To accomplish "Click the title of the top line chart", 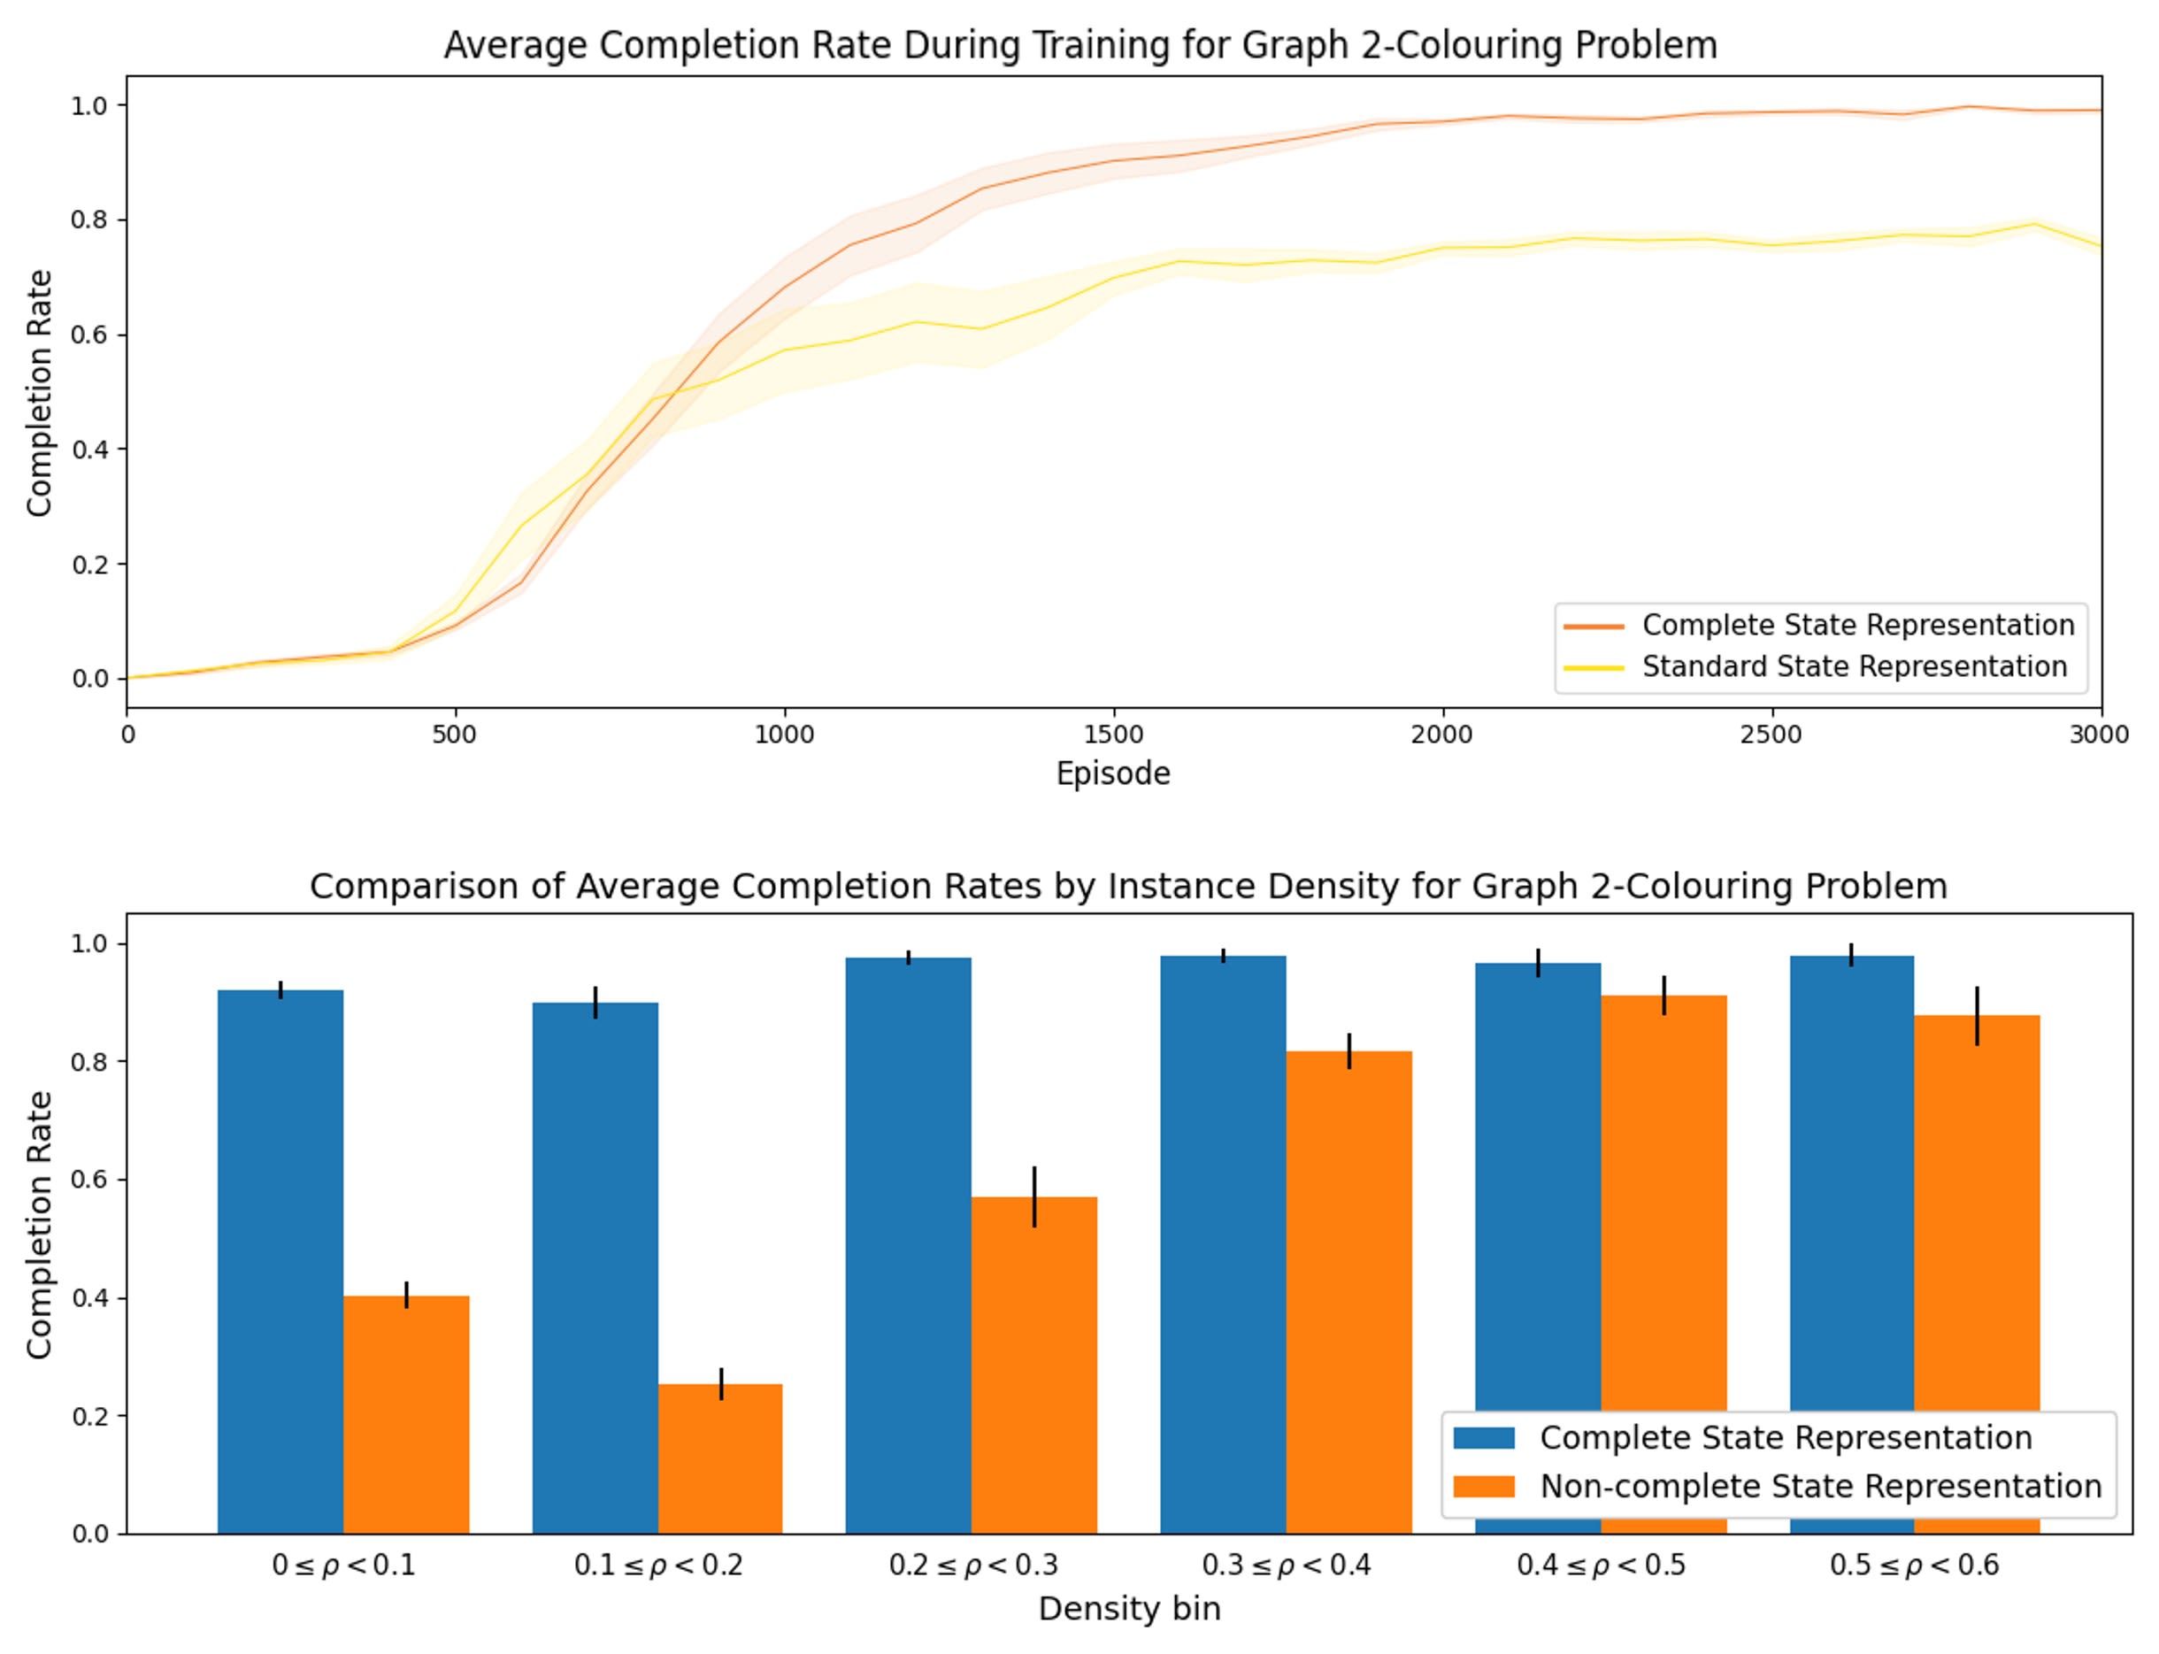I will point(1080,46).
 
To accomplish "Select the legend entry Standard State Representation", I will point(1853,666).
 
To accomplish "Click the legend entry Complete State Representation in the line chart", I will point(1856,625).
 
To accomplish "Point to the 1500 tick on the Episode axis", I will point(1113,734).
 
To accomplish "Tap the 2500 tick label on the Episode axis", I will point(1771,735).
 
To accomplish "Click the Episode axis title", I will point(1112,773).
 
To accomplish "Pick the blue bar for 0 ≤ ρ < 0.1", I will point(280,1261).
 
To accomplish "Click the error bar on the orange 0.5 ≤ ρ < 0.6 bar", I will point(1977,1015).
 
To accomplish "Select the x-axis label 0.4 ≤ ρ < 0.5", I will point(1600,1566).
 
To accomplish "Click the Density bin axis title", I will point(1129,1610).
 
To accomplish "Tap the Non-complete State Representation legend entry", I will point(1819,1487).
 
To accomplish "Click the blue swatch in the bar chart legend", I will point(1483,1438).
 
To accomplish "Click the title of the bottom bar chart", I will point(1128,886).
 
